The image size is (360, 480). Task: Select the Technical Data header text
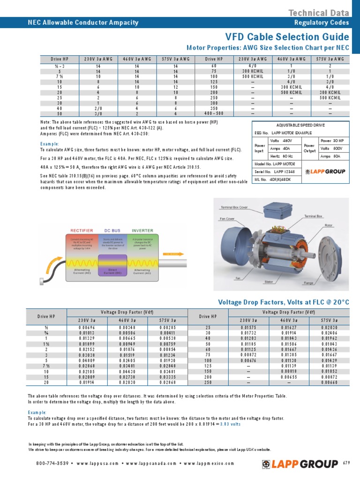318,13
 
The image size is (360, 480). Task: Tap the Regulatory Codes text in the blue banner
321,22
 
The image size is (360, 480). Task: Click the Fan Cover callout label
228,205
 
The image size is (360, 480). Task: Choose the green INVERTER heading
142,231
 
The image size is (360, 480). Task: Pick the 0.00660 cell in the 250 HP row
330,382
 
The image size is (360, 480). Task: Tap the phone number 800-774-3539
53,464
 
